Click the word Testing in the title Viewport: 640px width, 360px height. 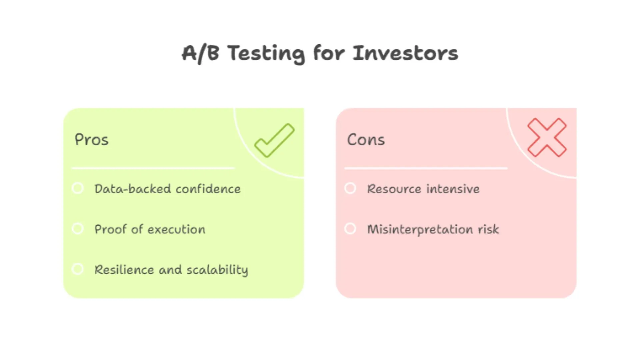[x=266, y=53]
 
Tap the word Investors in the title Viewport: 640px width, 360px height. [x=405, y=53]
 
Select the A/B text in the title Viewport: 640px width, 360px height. [x=200, y=53]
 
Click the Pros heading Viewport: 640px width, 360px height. [x=91, y=140]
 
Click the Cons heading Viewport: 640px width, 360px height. [x=366, y=140]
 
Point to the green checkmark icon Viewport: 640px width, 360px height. [x=275, y=140]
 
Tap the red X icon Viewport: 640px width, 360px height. [x=547, y=137]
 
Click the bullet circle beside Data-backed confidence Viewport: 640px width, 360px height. [x=78, y=188]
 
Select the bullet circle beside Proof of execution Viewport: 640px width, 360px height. [x=78, y=229]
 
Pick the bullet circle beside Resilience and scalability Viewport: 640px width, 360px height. [x=78, y=269]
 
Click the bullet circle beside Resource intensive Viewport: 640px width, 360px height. [x=350, y=188]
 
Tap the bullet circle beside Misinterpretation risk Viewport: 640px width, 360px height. [x=350, y=229]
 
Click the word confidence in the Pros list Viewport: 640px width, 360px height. [x=208, y=189]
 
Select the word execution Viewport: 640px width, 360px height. [x=176, y=229]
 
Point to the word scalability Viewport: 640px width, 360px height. [x=217, y=270]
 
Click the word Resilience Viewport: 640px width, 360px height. [x=124, y=270]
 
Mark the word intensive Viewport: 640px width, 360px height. [x=453, y=189]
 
